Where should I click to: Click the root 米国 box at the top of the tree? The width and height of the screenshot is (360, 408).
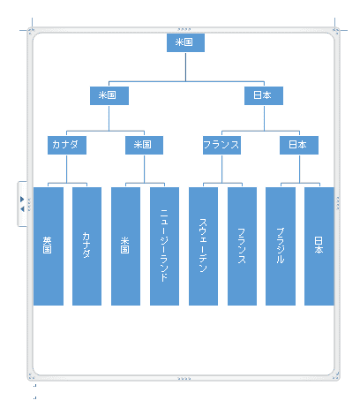pyautogui.click(x=185, y=42)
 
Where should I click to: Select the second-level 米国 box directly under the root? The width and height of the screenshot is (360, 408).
pyautogui.click(x=109, y=95)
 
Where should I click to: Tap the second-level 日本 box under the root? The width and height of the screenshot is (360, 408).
pyautogui.click(x=264, y=95)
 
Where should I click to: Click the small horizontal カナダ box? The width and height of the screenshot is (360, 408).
pyautogui.click(x=67, y=145)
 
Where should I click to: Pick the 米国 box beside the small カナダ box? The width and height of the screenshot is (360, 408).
pyautogui.click(x=144, y=145)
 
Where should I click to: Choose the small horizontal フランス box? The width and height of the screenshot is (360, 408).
pyautogui.click(x=221, y=145)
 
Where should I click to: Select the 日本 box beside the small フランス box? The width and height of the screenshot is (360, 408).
pyautogui.click(x=299, y=145)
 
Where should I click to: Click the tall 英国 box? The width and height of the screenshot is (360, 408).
pyautogui.click(x=49, y=246)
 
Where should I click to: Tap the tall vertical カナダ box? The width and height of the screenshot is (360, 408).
pyautogui.click(x=86, y=246)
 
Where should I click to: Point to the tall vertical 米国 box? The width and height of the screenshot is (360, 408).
pyautogui.click(x=125, y=246)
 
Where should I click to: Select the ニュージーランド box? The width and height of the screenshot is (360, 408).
pyautogui.click(x=164, y=246)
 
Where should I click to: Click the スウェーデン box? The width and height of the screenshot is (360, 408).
pyautogui.click(x=203, y=246)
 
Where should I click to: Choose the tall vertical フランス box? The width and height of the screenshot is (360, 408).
pyautogui.click(x=242, y=246)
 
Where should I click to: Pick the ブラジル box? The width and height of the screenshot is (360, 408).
pyautogui.click(x=281, y=246)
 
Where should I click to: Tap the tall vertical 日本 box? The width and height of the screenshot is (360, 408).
pyautogui.click(x=319, y=246)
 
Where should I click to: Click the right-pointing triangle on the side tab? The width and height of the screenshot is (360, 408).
pyautogui.click(x=22, y=200)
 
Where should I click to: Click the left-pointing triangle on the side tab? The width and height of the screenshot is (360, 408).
pyautogui.click(x=22, y=209)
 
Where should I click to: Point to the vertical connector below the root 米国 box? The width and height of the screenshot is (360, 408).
pyautogui.click(x=185, y=67)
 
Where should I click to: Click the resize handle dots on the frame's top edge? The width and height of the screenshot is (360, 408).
pyautogui.click(x=184, y=29)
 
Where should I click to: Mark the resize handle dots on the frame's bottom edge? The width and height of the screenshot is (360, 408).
pyautogui.click(x=184, y=379)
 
